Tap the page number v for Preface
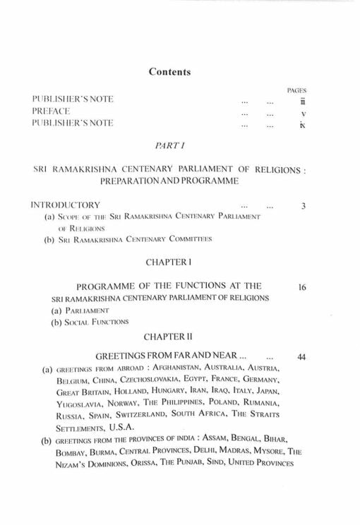pyautogui.click(x=302, y=113)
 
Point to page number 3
pyautogui.click(x=302, y=206)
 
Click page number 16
pyautogui.click(x=301, y=286)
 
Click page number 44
pyautogui.click(x=301, y=358)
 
